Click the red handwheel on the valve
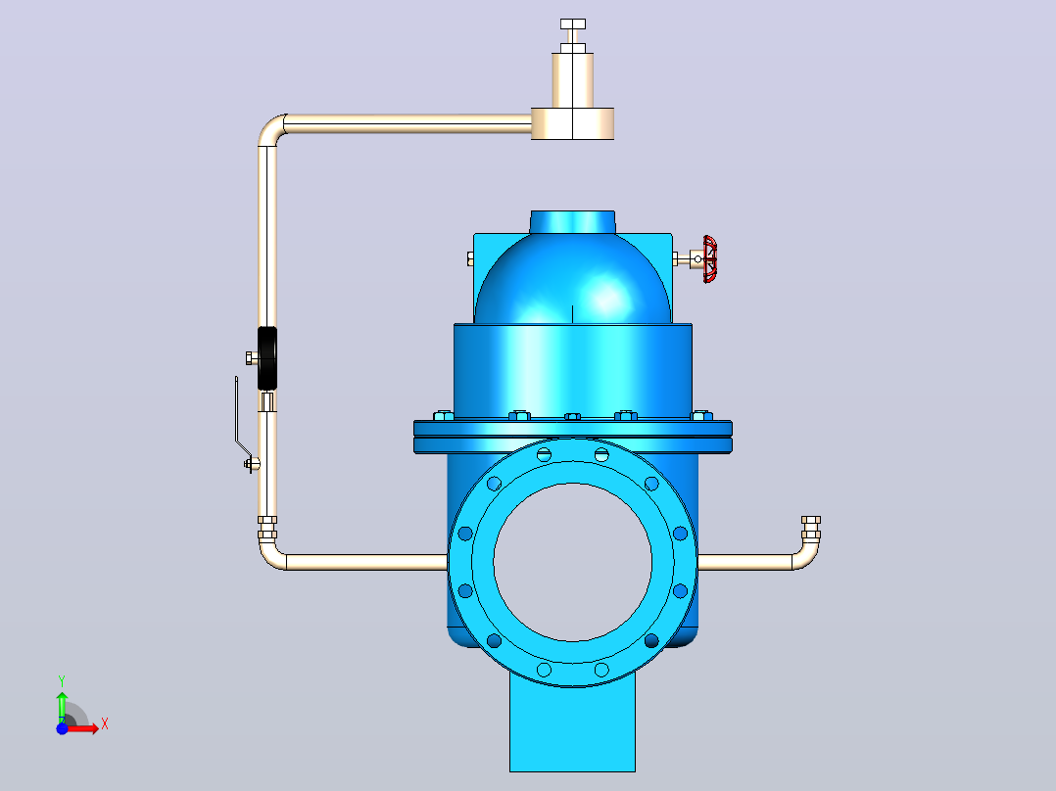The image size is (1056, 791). coord(710,259)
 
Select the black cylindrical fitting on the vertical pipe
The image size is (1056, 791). coord(267,358)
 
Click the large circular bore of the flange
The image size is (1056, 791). coord(572,562)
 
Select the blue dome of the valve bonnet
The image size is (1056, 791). coord(572,279)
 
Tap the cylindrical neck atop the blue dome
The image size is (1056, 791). coord(572,222)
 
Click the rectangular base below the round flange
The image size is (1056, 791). coord(572,730)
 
